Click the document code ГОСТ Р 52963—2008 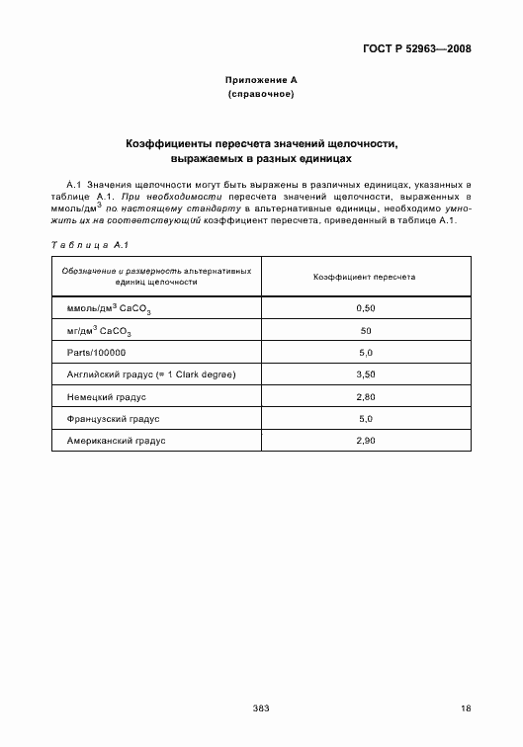pyautogui.click(x=417, y=47)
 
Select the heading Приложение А pyautogui.click(x=261, y=79)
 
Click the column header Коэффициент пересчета pyautogui.click(x=365, y=277)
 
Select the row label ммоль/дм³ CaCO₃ pyautogui.click(x=108, y=309)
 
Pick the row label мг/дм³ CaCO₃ pyautogui.click(x=99, y=331)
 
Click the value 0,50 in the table pyautogui.click(x=365, y=309)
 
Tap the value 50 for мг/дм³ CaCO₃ pyautogui.click(x=365, y=331)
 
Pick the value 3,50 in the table pyautogui.click(x=365, y=374)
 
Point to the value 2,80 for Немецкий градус pyautogui.click(x=365, y=396)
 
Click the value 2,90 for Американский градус pyautogui.click(x=365, y=440)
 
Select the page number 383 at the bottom pyautogui.click(x=261, y=708)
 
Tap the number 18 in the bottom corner pyautogui.click(x=466, y=708)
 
